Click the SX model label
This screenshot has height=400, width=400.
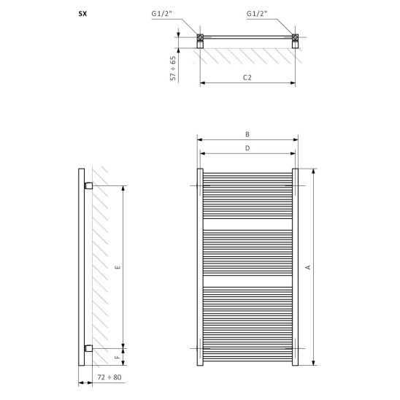coord(82,14)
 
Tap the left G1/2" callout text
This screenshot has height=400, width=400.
coord(162,14)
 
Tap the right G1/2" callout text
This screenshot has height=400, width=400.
coord(257,14)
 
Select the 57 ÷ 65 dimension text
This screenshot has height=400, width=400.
coord(173,69)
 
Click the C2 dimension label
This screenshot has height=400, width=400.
coord(247,77)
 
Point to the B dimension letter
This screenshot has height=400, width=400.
coord(247,134)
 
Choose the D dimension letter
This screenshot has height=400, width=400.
coord(247,148)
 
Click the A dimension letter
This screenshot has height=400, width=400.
coord(308,267)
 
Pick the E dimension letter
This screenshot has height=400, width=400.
coord(118,267)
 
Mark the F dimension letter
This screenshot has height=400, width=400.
coord(118,357)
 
